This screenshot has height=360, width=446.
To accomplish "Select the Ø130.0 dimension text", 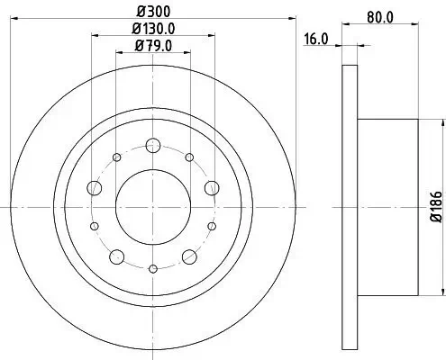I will point(153,29).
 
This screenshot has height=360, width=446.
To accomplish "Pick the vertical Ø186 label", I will point(435,205).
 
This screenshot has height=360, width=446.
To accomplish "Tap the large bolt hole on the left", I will point(94,188).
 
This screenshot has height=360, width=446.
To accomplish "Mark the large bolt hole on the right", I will point(212,187).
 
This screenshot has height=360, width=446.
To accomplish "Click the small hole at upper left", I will point(117,157).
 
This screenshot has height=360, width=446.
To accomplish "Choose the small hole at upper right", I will point(188,157).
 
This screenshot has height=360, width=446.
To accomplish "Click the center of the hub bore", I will point(153,205).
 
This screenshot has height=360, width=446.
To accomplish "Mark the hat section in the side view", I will point(387,205).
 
